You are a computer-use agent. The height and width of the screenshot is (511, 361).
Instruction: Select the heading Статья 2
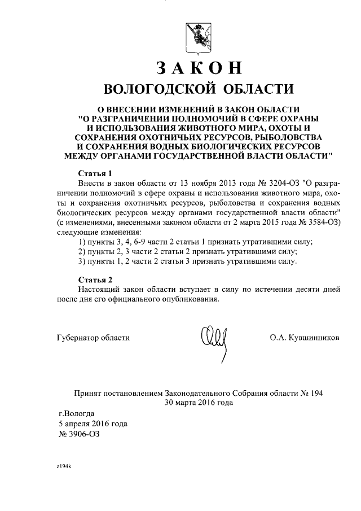coord(95,279)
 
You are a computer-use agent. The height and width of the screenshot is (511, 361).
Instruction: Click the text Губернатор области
coord(94,338)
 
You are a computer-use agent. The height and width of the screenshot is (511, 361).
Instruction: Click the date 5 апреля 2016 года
coord(93,423)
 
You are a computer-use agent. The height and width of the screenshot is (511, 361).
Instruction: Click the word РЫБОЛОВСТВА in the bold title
coord(290,137)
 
